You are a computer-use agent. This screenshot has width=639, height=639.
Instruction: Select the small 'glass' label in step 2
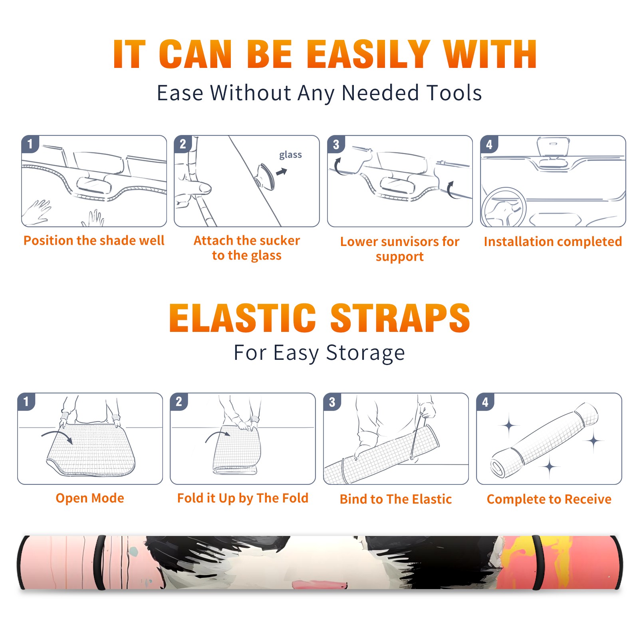(290, 155)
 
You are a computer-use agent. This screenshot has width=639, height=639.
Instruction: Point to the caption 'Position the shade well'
(94, 240)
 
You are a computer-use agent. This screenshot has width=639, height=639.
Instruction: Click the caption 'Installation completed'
(553, 242)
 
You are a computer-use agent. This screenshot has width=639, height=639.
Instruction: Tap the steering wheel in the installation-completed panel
(504, 208)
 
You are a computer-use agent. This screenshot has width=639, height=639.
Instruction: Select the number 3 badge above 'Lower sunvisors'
(336, 145)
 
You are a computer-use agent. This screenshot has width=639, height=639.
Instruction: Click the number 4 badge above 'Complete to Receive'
(485, 402)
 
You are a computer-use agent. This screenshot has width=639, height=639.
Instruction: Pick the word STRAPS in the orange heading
(400, 318)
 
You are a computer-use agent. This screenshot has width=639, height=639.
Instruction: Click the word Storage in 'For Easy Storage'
(365, 353)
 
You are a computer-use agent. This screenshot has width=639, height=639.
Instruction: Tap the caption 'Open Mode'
(90, 498)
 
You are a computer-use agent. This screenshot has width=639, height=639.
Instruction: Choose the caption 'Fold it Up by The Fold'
(243, 498)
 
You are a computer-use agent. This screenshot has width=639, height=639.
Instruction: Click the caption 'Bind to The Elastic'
(396, 499)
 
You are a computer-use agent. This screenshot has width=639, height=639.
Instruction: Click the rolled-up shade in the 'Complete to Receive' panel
(544, 440)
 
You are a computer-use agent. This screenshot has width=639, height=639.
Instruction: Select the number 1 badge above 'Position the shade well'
(30, 144)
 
